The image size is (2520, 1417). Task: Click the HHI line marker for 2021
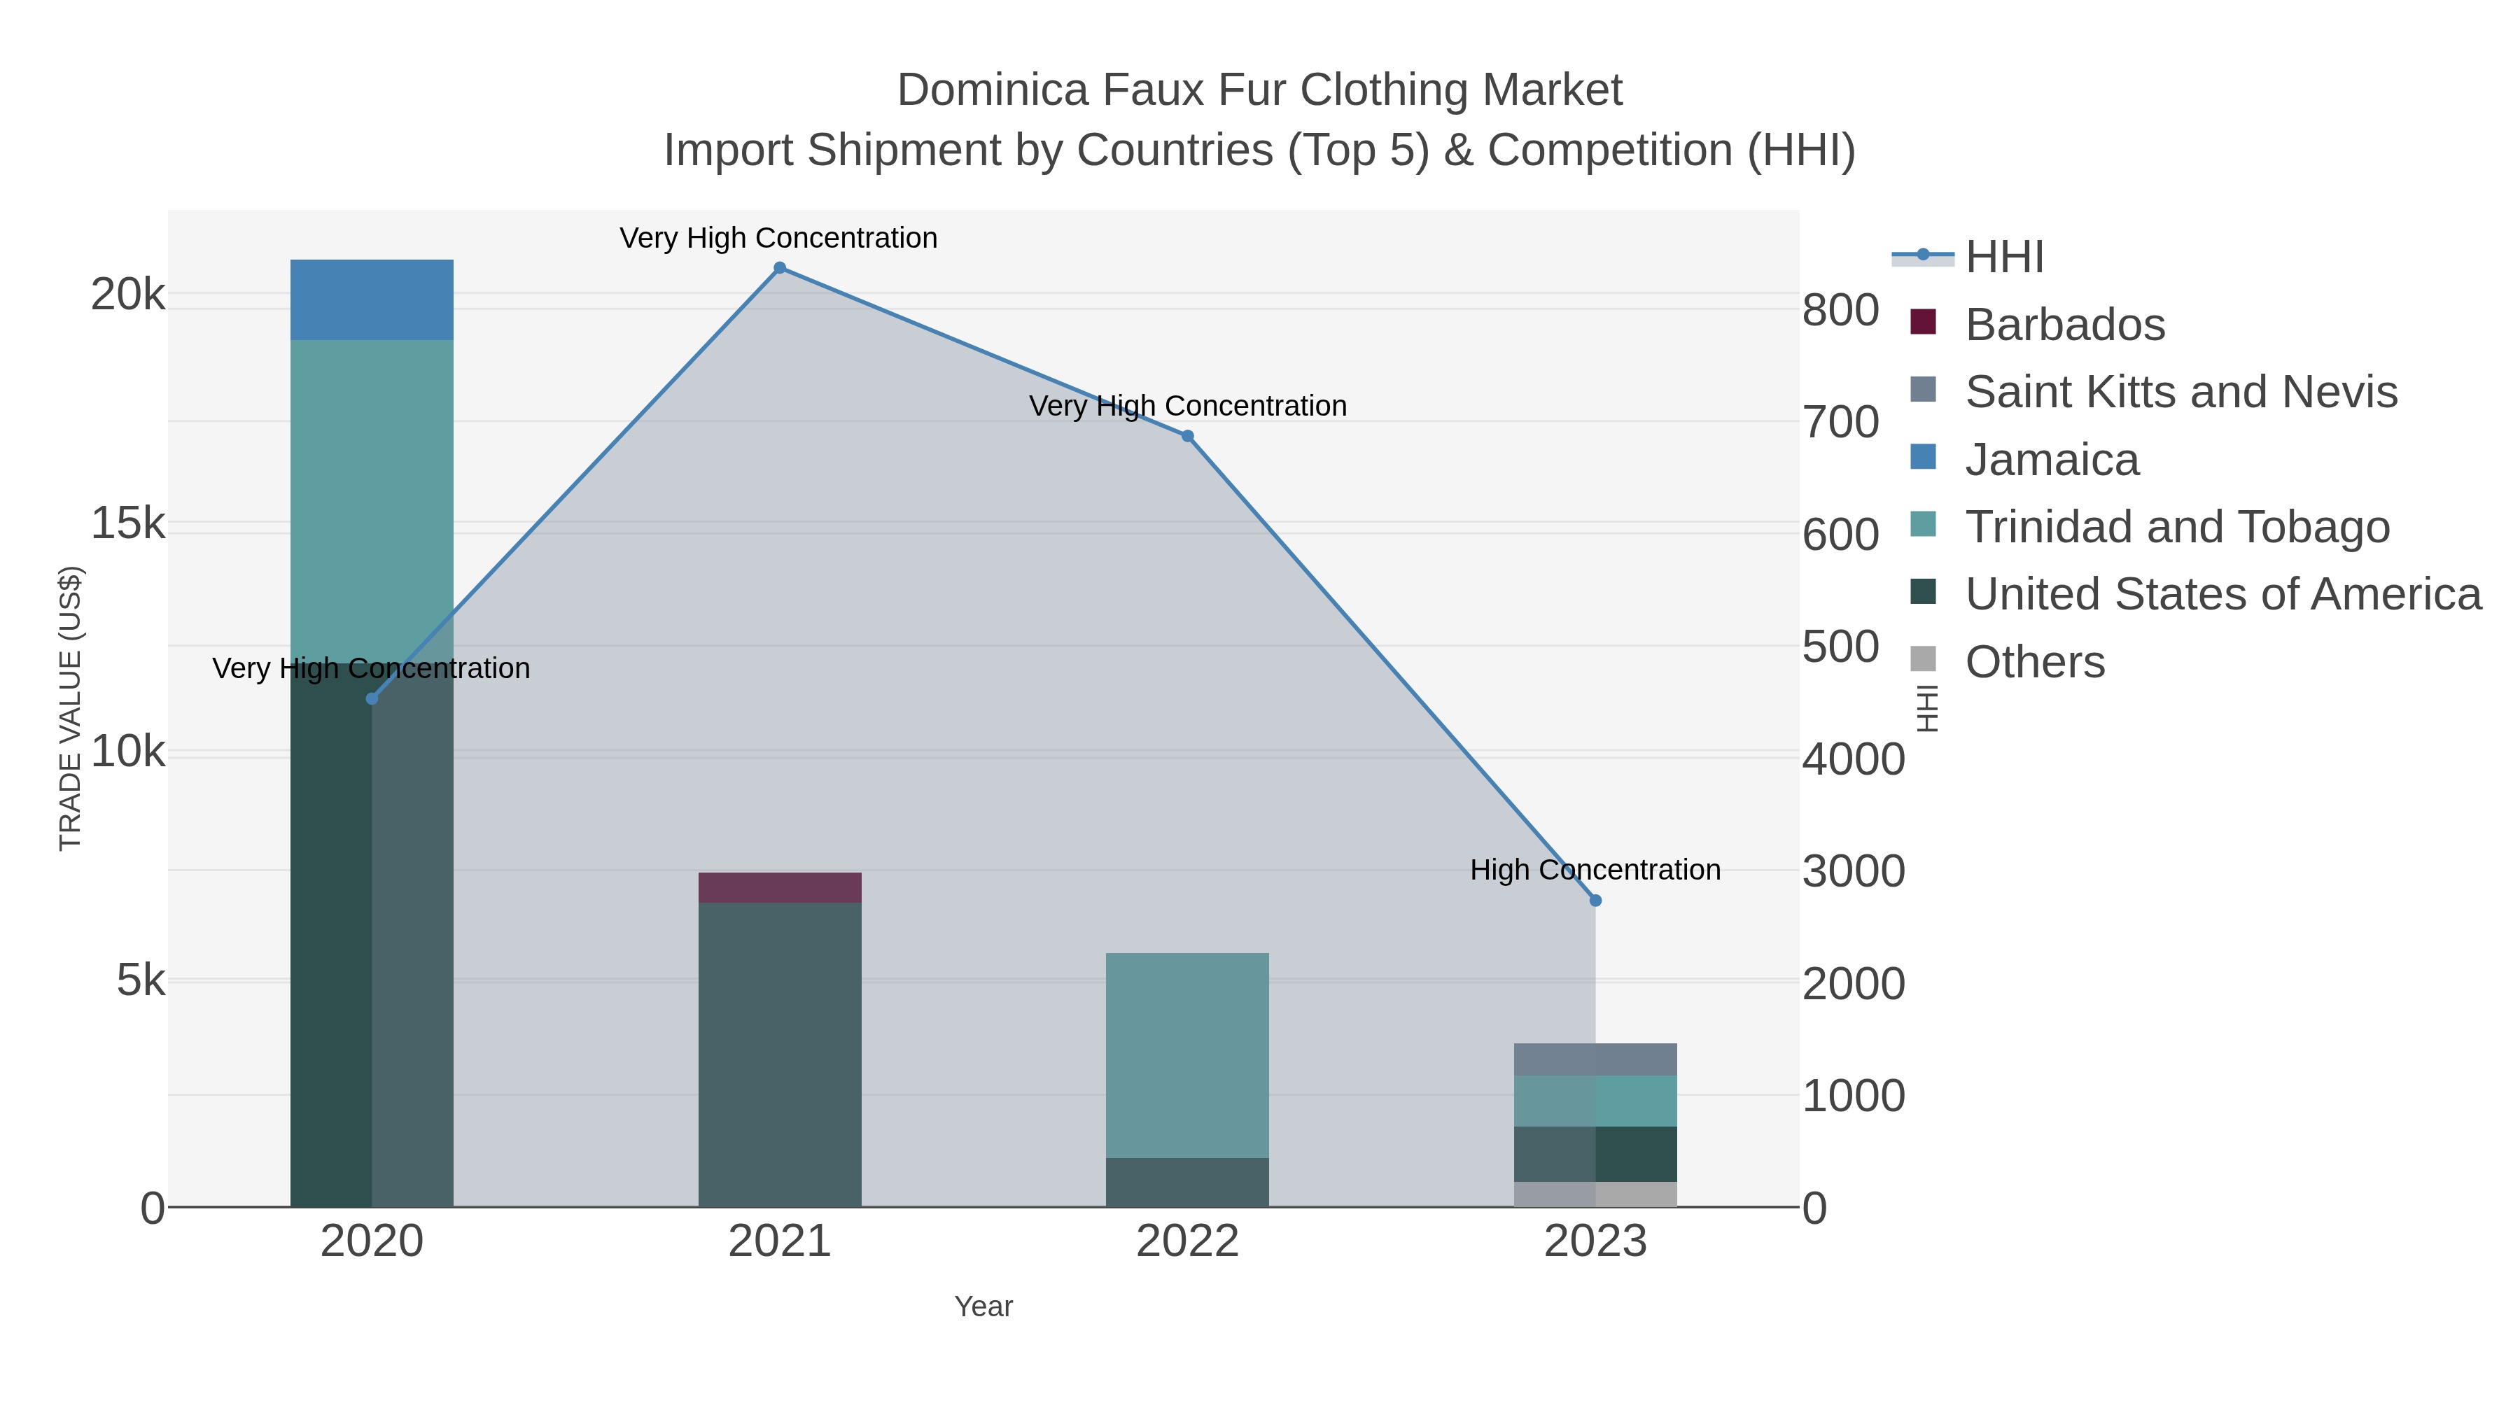click(x=780, y=268)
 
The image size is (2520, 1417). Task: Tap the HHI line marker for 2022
click(x=1188, y=436)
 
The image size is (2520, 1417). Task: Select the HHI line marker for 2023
click(x=1595, y=901)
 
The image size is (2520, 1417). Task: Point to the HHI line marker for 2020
click(x=372, y=698)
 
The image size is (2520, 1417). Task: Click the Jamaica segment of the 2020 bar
click(x=372, y=300)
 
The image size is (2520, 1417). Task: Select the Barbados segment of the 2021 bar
click(x=780, y=888)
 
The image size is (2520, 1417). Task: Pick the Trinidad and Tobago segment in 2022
click(x=1188, y=1055)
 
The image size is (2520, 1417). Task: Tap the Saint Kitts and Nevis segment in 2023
click(x=1595, y=1059)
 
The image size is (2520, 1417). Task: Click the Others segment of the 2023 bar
click(x=1595, y=1194)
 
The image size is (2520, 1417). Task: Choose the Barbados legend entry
click(x=2064, y=325)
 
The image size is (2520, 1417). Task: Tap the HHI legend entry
click(x=2003, y=258)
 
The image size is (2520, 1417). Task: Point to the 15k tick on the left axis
click(x=128, y=524)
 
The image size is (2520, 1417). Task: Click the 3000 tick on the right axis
click(x=1854, y=871)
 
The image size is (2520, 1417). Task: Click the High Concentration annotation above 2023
click(x=1595, y=869)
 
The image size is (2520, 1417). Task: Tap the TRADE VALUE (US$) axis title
click(x=71, y=708)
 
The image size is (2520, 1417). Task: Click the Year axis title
click(x=983, y=1306)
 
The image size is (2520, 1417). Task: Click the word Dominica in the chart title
click(x=993, y=90)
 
